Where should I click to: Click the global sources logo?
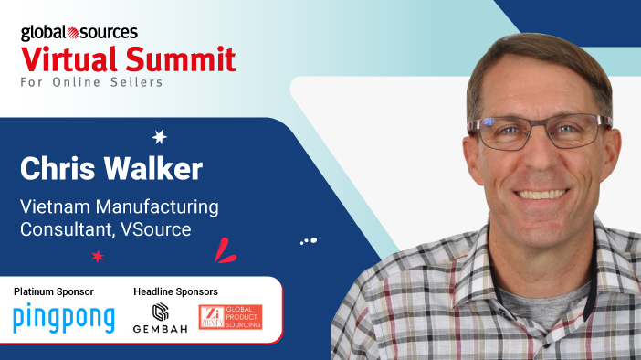(79, 33)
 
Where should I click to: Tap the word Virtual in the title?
(69, 59)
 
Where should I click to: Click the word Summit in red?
(181, 59)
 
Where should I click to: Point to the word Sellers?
(137, 82)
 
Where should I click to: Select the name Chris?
(58, 168)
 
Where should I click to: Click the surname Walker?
(152, 168)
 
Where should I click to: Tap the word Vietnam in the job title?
(55, 206)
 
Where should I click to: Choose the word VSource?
(156, 229)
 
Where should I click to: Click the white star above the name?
(160, 137)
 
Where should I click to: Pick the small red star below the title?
(98, 257)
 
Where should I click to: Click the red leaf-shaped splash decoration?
(224, 251)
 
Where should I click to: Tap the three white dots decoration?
(309, 241)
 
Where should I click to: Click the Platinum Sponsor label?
(54, 291)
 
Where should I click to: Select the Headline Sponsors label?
(176, 291)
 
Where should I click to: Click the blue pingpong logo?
(64, 318)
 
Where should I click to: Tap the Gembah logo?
(161, 318)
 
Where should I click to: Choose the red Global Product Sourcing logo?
(231, 317)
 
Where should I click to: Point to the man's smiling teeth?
(541, 194)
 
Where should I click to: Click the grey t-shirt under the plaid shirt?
(543, 306)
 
